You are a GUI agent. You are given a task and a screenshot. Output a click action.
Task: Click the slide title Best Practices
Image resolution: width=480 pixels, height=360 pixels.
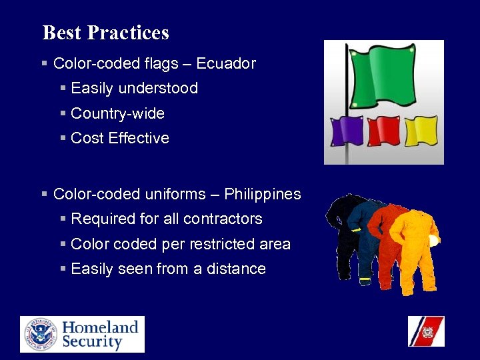(105, 33)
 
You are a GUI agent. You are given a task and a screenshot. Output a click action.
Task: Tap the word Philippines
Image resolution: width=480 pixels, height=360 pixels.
(263, 195)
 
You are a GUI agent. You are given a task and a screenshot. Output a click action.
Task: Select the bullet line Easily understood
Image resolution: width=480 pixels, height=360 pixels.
(134, 88)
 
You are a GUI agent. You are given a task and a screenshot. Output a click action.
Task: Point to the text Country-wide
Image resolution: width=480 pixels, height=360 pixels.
(117, 113)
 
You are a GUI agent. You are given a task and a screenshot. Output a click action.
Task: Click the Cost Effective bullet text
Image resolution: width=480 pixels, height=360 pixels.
(120, 139)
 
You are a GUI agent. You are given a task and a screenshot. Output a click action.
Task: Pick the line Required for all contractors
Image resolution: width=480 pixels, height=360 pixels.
(166, 219)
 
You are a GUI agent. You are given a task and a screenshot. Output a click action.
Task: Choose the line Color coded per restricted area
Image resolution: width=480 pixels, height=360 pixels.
(180, 244)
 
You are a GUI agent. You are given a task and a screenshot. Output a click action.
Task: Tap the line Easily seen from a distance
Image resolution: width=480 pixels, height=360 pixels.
(168, 269)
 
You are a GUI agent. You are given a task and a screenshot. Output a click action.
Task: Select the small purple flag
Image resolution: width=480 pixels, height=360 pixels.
(347, 131)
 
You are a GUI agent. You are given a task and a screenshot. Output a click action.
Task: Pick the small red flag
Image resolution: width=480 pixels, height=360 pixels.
(383, 131)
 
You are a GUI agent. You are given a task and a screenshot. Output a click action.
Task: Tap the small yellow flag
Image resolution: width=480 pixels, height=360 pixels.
(421, 131)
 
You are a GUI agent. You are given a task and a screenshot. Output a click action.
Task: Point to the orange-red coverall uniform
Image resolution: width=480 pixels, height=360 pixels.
(387, 240)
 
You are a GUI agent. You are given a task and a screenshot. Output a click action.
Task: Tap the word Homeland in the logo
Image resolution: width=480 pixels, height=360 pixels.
(100, 327)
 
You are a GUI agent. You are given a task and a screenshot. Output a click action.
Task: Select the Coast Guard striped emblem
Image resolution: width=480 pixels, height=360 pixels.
(426, 331)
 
